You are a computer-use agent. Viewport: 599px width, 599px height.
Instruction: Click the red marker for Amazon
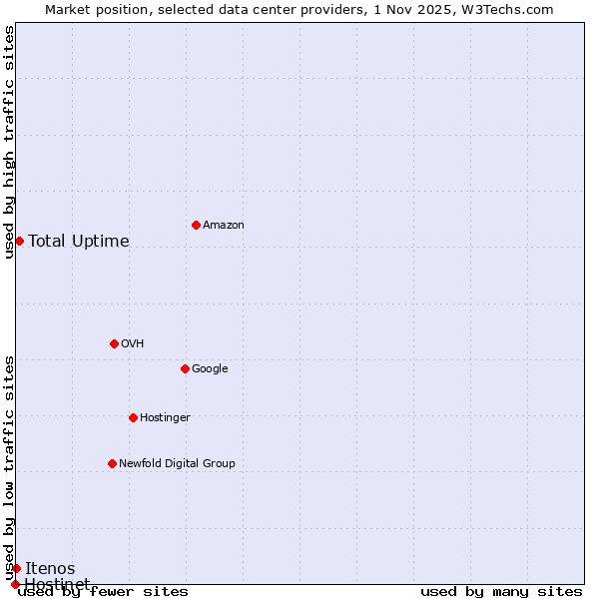coord(196,225)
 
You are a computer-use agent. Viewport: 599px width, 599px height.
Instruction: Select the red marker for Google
coord(185,368)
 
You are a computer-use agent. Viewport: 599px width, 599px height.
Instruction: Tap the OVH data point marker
coord(114,343)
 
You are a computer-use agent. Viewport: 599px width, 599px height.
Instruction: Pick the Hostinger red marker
coord(133,417)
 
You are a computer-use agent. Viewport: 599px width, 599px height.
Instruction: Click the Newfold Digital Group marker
coord(112,463)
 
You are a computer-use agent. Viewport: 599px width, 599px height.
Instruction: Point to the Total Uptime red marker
coord(19,241)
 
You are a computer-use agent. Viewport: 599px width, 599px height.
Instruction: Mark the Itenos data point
coord(16,568)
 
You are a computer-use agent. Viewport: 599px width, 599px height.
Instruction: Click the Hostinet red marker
coord(15,584)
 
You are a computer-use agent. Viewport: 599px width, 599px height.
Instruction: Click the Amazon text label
coord(224,226)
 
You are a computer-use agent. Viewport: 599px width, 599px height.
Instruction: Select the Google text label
coord(210,369)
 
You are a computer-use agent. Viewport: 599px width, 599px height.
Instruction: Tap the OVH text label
coord(133,344)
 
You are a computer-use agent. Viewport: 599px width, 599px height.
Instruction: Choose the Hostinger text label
coord(165,418)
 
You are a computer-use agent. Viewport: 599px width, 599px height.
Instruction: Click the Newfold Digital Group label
coord(177,464)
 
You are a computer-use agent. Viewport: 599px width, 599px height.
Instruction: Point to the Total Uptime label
coord(79,242)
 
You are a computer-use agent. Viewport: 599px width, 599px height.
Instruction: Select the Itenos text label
coord(50,569)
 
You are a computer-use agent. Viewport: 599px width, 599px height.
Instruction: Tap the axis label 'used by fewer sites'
coord(103,592)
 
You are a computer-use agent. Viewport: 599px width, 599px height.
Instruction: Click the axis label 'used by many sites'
coord(501,592)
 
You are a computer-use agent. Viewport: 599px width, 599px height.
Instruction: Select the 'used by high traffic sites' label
coord(10,142)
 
